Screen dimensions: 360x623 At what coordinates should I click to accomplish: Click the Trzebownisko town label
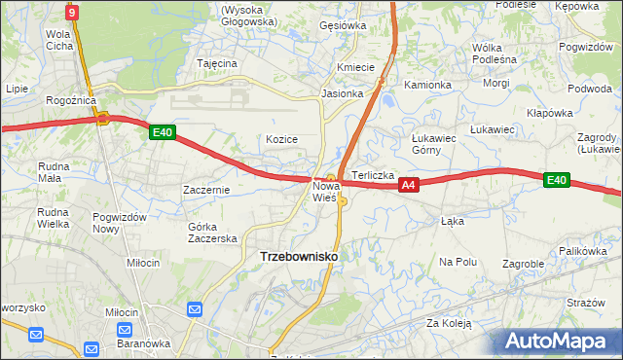[x=299, y=255]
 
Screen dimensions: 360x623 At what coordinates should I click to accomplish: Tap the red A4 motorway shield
[x=409, y=184]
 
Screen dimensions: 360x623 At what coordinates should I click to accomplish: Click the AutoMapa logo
[x=562, y=342]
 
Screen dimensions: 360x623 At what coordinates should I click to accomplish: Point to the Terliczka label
[x=373, y=175]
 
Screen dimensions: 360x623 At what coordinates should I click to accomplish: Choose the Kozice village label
[x=281, y=139]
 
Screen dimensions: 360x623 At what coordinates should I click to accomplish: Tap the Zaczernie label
[x=206, y=190]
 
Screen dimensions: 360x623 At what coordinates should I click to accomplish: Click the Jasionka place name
[x=343, y=94]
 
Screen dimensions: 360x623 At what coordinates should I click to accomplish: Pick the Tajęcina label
[x=217, y=63]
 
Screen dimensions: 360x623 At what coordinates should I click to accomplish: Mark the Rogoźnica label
[x=69, y=99]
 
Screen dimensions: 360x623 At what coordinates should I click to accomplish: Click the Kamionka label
[x=428, y=85]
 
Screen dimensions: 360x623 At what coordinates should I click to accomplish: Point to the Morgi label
[x=495, y=83]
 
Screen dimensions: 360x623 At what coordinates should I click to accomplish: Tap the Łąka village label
[x=452, y=221]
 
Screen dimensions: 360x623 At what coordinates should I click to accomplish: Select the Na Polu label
[x=458, y=262]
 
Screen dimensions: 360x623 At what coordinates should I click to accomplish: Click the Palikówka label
[x=583, y=251]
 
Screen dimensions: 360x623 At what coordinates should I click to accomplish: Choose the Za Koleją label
[x=448, y=322]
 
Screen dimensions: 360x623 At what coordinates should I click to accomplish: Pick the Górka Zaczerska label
[x=212, y=233]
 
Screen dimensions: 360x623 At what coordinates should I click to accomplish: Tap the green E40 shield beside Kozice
[x=163, y=133]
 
